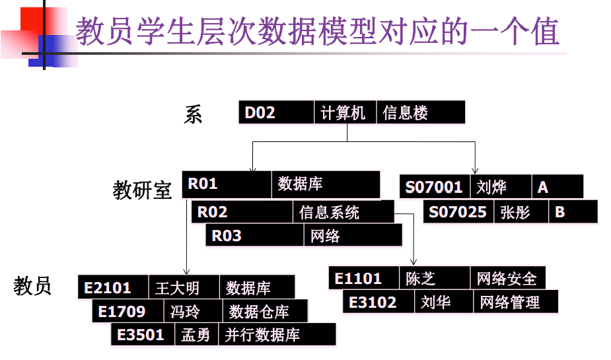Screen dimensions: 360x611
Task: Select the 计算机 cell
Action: click(344, 113)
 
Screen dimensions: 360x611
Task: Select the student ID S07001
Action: click(435, 187)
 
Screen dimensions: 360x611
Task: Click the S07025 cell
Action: click(458, 212)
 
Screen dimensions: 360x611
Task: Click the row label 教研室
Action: click(143, 190)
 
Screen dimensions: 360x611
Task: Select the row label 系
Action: click(193, 115)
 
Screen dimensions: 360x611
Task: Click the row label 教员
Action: click(33, 286)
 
